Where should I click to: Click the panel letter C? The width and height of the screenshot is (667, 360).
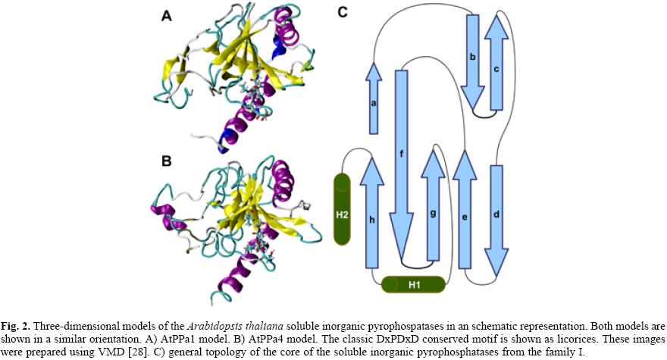pyautogui.click(x=343, y=14)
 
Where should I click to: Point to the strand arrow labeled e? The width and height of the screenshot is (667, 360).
pyautogui.click(x=464, y=216)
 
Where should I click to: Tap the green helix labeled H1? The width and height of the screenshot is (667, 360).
pyautogui.click(x=412, y=285)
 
